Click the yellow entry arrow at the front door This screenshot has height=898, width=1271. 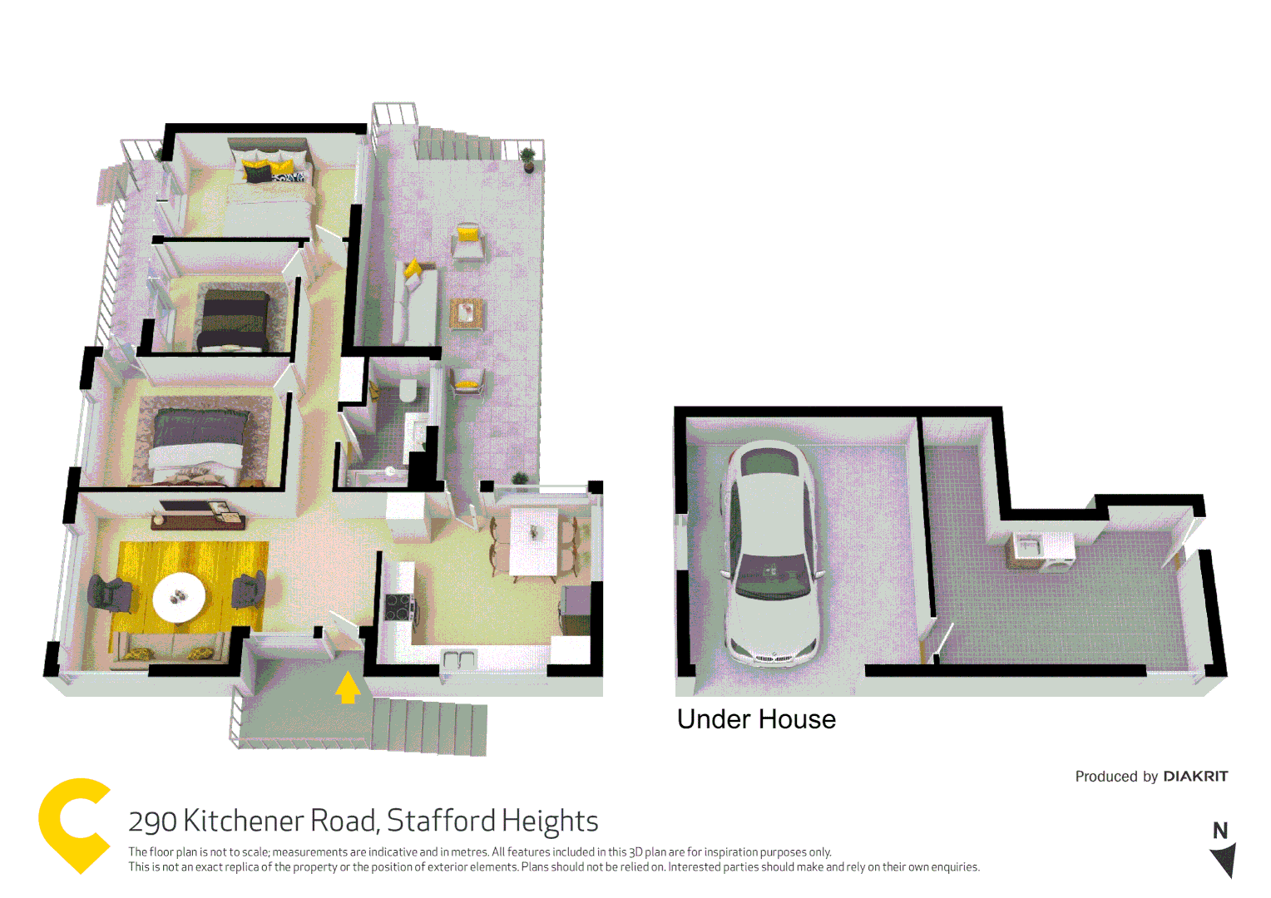[x=348, y=688]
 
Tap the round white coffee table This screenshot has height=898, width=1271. [x=179, y=597]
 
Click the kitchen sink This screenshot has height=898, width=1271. [x=458, y=661]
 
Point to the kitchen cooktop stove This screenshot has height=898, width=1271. [x=399, y=607]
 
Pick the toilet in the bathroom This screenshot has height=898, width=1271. [x=408, y=390]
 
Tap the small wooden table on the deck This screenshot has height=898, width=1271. [x=467, y=313]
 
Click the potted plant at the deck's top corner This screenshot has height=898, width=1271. [x=527, y=157]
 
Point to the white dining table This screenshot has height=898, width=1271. [x=534, y=541]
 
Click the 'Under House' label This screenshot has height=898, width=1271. [x=756, y=719]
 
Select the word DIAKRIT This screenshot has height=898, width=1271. [x=1195, y=776]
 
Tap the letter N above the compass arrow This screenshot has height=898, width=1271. [x=1220, y=831]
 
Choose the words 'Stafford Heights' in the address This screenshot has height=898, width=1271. [x=492, y=821]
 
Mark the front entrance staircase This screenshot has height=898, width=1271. [x=428, y=725]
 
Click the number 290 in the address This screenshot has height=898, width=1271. [x=152, y=822]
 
